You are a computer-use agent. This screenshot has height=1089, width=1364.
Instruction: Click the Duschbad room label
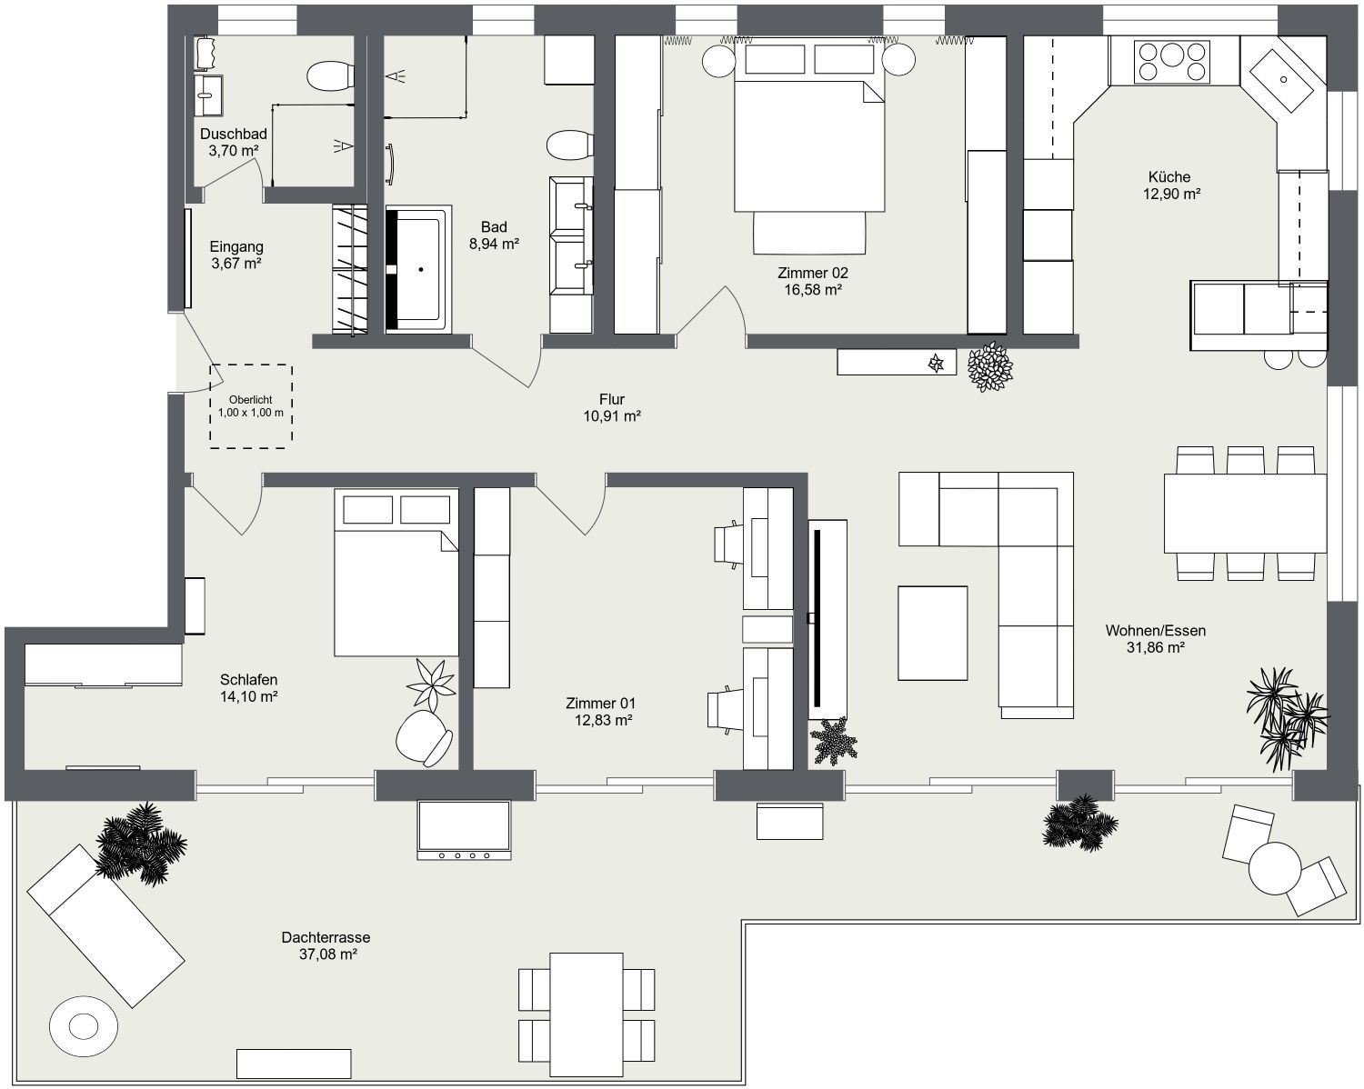point(234,135)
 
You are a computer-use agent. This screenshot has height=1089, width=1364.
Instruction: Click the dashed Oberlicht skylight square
point(251,406)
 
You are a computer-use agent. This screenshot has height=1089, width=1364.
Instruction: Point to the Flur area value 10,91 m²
point(612,416)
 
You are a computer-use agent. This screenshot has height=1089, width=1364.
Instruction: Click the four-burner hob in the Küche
point(1173,62)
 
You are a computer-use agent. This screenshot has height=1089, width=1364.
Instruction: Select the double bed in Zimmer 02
point(809,145)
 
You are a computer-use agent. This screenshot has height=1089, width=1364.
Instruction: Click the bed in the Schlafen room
point(396,573)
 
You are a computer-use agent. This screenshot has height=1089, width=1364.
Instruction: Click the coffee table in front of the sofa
point(933,633)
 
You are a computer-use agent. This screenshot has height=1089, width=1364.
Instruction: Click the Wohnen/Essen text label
point(1155,630)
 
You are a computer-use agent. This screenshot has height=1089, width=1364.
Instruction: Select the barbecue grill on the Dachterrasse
point(464,829)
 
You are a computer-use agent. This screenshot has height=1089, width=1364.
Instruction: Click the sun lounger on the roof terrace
point(105,925)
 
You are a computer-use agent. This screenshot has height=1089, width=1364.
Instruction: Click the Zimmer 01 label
point(600,703)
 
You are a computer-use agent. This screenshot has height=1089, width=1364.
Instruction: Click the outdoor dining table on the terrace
point(587,1013)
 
